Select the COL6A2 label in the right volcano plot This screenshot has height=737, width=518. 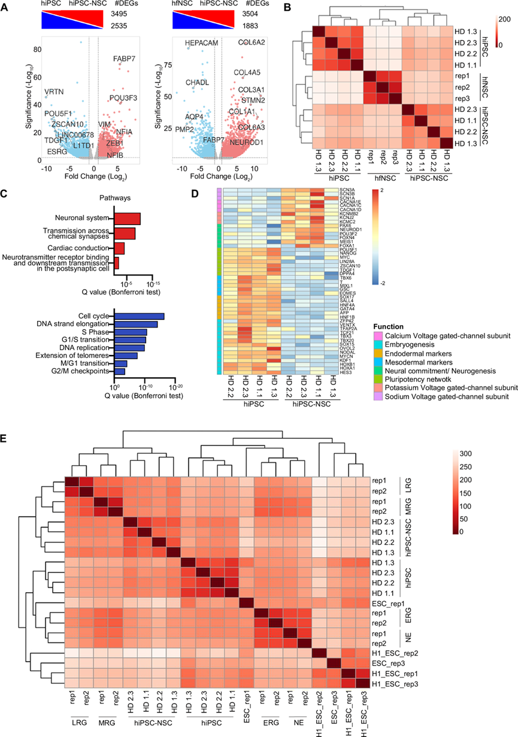pyautogui.click(x=252, y=43)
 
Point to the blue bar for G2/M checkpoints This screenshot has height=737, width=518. pyautogui.click(x=120, y=372)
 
